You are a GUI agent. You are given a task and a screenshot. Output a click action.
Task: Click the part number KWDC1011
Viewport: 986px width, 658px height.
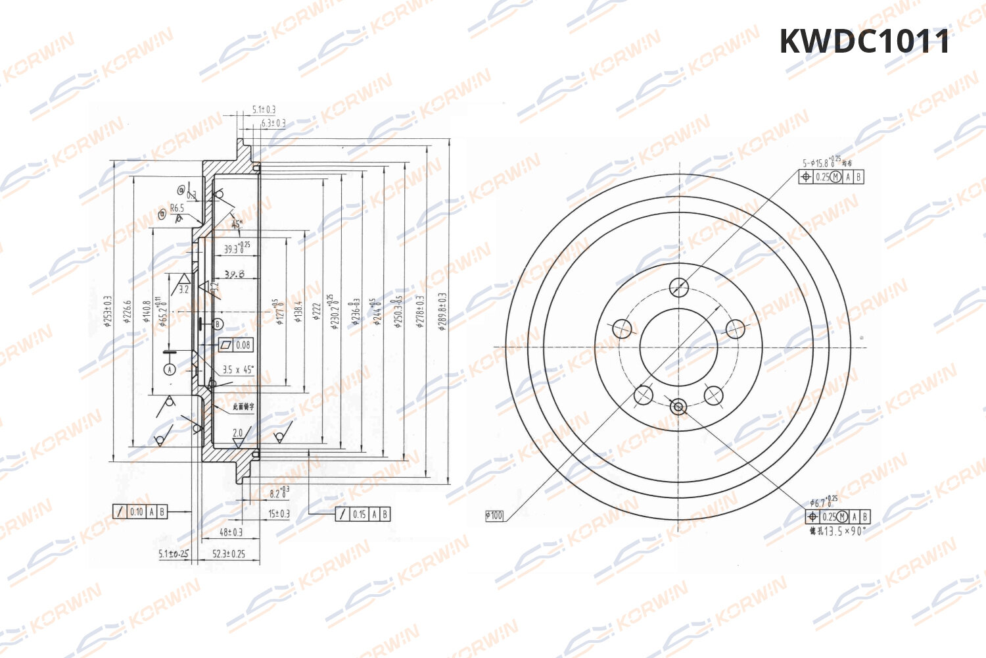(864, 41)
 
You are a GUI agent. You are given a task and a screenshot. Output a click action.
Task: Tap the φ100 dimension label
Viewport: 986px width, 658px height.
(494, 515)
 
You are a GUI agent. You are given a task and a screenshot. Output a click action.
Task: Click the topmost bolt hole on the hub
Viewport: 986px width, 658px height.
(678, 287)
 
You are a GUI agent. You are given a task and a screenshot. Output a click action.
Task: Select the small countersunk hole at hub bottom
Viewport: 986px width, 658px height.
(678, 407)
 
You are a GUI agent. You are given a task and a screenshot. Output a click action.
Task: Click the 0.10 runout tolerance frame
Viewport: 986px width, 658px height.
(140, 511)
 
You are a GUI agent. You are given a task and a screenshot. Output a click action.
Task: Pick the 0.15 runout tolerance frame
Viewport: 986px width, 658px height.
(363, 514)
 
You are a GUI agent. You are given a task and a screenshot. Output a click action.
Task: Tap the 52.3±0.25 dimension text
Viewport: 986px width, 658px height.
(229, 554)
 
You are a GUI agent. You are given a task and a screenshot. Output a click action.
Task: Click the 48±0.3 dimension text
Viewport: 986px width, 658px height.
(231, 532)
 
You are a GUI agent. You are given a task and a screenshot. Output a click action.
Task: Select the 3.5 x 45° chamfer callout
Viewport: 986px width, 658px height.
(238, 370)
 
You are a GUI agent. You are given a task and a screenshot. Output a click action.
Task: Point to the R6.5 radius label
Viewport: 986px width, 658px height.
(177, 208)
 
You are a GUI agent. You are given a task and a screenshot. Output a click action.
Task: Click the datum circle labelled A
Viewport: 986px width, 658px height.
(170, 370)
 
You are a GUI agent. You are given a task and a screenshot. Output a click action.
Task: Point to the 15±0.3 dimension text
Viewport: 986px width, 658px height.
(279, 514)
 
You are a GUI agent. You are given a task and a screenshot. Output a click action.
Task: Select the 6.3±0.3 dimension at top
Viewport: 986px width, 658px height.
(273, 123)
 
